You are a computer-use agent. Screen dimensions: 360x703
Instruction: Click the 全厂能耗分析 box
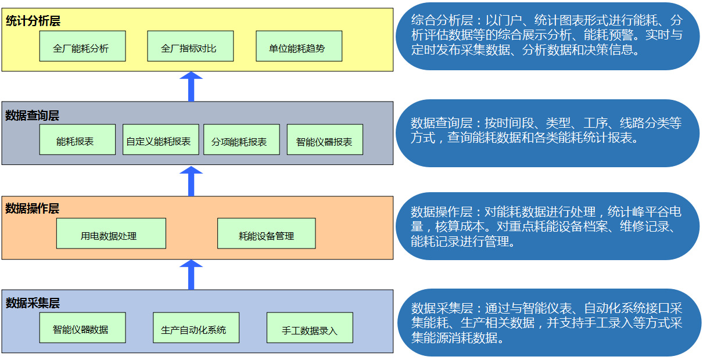(83, 46)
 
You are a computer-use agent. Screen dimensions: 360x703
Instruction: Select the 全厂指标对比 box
(190, 46)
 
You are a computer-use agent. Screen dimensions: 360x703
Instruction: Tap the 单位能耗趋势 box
(299, 46)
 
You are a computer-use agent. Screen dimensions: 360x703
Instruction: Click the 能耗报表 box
(77, 140)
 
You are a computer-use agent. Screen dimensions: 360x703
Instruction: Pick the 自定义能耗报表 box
(160, 140)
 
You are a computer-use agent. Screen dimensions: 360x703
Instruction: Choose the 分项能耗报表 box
(241, 140)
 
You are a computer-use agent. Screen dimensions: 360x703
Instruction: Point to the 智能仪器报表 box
(325, 140)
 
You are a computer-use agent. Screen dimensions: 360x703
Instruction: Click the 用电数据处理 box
(111, 233)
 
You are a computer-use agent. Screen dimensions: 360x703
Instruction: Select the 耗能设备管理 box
(266, 233)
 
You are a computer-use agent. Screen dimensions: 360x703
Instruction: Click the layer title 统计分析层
(33, 21)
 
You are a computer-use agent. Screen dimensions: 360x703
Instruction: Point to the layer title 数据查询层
(33, 116)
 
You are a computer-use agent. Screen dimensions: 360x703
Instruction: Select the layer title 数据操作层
(33, 208)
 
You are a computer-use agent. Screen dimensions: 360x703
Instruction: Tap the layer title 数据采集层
(33, 303)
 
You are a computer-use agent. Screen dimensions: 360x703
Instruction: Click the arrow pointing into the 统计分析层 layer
(191, 87)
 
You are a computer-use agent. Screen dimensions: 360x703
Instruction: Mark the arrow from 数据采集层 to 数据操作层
(191, 275)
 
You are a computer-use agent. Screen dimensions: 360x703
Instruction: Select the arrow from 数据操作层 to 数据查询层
(191, 181)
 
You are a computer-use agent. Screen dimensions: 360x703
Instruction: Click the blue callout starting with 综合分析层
(547, 37)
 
